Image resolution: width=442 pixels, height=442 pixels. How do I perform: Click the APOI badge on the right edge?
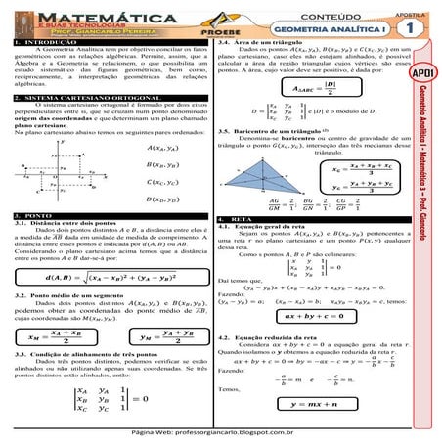click(426, 74)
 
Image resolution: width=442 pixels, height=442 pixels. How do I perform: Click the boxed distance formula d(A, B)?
click(108, 278)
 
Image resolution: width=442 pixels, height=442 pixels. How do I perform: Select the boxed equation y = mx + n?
click(321, 403)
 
